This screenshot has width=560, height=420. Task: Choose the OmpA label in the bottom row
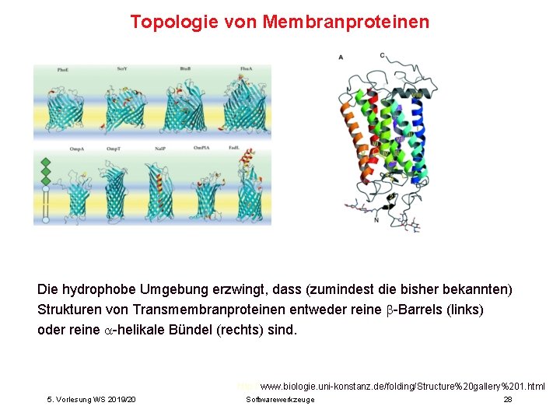(x=77, y=149)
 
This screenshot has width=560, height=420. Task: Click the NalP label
(x=160, y=149)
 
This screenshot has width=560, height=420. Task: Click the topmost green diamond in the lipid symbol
(x=45, y=162)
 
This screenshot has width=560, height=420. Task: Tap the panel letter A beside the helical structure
(x=341, y=57)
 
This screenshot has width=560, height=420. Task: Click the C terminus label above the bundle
(x=382, y=55)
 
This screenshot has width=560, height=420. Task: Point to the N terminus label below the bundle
(x=376, y=220)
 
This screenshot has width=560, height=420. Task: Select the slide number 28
(x=507, y=399)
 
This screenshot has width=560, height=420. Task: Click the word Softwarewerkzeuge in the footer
(x=280, y=399)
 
